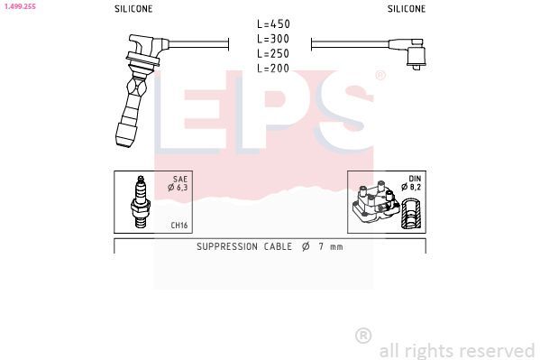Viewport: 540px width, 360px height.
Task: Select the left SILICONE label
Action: coord(133,8)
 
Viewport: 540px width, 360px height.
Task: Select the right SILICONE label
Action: coord(407,8)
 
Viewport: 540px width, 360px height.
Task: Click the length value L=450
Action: coord(272,23)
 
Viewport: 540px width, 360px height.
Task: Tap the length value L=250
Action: coord(272,53)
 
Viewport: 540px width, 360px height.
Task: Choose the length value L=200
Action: coord(272,69)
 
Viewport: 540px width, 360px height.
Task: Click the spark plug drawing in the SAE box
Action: coord(140,200)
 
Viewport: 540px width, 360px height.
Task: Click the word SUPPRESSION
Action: coord(228,246)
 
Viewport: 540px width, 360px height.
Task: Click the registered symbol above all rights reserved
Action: coord(363,335)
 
